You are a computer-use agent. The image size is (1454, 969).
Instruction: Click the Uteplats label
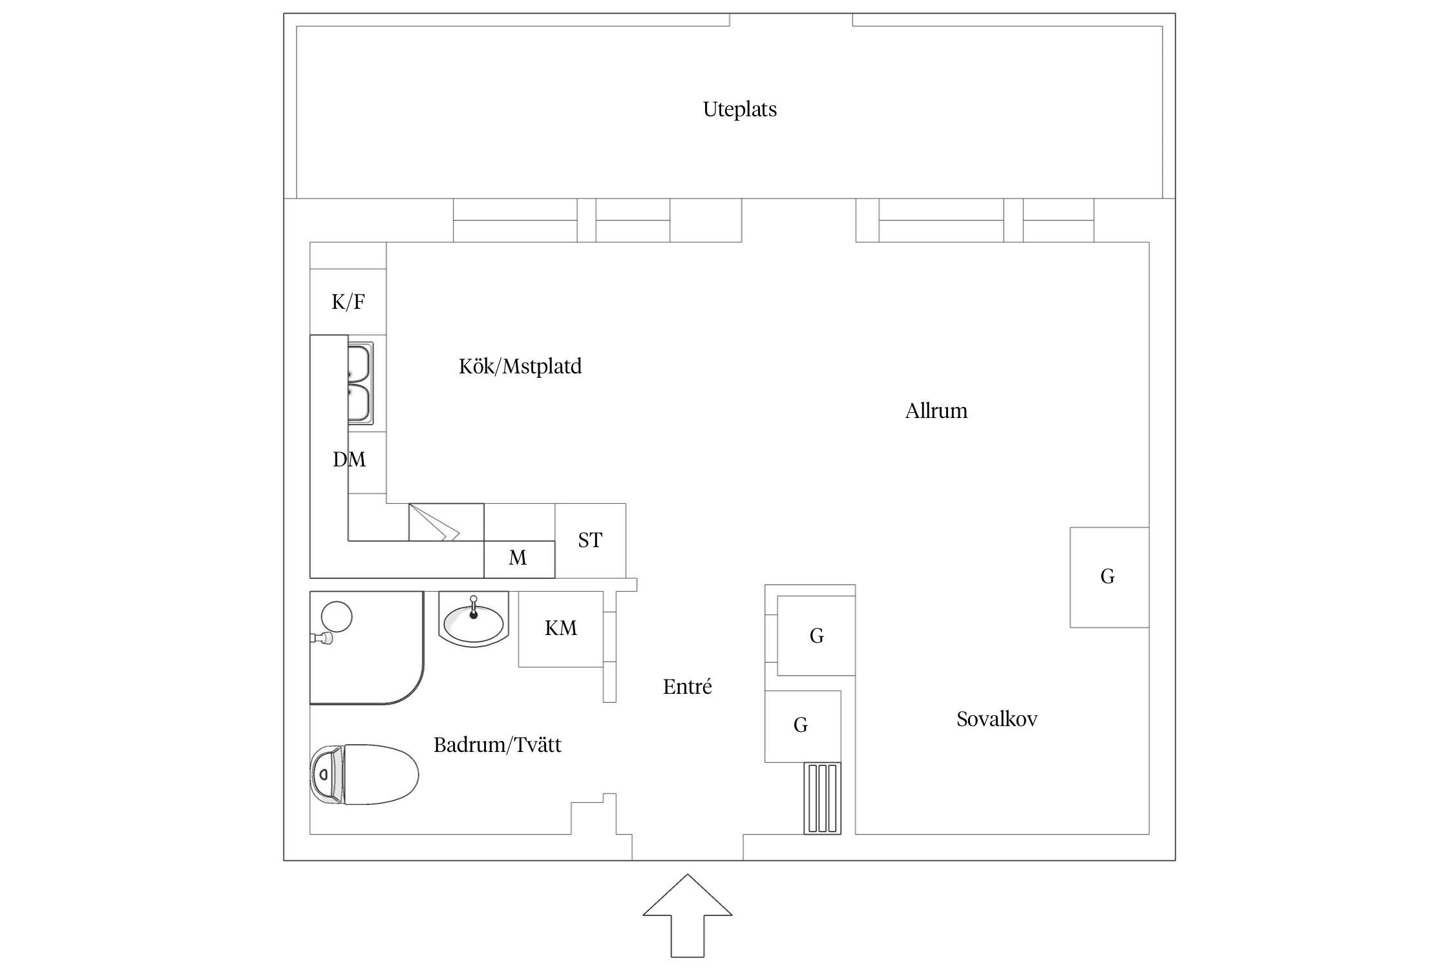[739, 109]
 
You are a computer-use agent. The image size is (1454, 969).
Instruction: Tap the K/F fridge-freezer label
[348, 302]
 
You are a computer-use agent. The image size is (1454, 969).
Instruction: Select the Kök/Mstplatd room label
[520, 366]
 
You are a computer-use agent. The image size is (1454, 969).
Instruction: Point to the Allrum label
[936, 411]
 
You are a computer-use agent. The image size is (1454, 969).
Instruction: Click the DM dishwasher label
[349, 459]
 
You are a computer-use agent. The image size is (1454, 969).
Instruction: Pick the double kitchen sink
[361, 384]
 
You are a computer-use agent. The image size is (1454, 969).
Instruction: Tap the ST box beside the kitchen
[590, 540]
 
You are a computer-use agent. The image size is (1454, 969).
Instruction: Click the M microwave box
[518, 558]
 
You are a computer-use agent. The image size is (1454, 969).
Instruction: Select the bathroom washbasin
[474, 622]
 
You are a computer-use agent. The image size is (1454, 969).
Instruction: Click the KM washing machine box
[560, 629]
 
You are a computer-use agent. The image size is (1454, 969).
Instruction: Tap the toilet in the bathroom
[364, 774]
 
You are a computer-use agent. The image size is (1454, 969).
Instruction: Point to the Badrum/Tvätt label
[497, 745]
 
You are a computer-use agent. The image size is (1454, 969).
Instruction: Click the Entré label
[687, 687]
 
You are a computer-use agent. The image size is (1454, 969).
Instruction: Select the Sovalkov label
[996, 719]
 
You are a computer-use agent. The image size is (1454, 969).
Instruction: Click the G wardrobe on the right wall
[1108, 577]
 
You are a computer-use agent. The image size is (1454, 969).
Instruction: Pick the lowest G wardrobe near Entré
[801, 725]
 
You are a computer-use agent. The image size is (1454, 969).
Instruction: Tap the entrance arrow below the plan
[687, 924]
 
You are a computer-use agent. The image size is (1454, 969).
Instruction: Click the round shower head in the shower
[337, 616]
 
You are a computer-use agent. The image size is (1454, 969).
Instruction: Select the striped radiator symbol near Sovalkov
[823, 798]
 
